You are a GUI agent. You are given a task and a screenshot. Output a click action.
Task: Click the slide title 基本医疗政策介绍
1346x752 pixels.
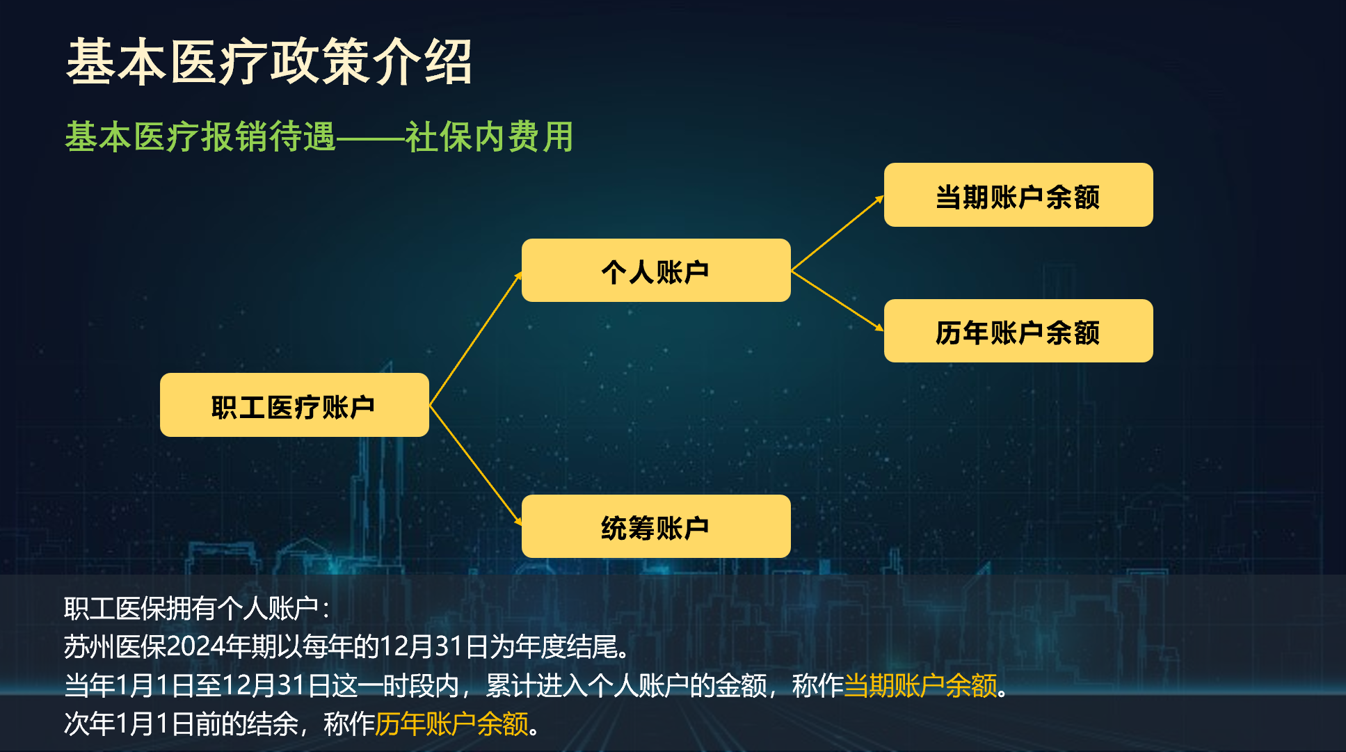pyautogui.click(x=269, y=62)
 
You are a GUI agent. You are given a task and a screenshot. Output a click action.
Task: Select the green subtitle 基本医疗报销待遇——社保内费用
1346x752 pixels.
pyautogui.click(x=319, y=136)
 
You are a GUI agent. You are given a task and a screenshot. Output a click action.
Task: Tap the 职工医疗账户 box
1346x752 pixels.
pyautogui.click(x=294, y=405)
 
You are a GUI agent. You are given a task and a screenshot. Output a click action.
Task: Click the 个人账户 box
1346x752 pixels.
pyautogui.click(x=656, y=270)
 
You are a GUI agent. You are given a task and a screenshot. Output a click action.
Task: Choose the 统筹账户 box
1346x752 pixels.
pyautogui.click(x=656, y=526)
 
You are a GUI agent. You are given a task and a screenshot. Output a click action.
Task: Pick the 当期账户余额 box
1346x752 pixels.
pyautogui.click(x=1018, y=195)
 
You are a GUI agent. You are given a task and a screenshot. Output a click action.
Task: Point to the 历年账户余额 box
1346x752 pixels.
pyautogui.click(x=1018, y=330)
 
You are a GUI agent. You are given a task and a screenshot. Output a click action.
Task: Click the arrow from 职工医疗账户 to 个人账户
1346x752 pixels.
pyautogui.click(x=476, y=338)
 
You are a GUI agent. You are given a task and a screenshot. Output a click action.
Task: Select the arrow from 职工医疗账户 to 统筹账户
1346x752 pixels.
pyautogui.click(x=476, y=465)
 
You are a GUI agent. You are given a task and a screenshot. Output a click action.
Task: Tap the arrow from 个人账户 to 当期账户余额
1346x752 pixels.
pyautogui.click(x=838, y=233)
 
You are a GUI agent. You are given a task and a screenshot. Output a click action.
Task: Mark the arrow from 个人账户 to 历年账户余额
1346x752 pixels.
pyautogui.click(x=838, y=301)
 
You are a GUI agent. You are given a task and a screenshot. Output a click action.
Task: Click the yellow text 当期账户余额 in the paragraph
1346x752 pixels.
pyautogui.click(x=920, y=686)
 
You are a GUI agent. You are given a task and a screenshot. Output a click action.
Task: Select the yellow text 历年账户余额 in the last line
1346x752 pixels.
pyautogui.click(x=452, y=724)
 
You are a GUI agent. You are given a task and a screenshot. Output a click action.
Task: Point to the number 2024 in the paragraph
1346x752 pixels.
pyautogui.click(x=195, y=647)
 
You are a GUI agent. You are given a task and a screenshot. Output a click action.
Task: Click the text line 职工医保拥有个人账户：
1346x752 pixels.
pyautogui.click(x=197, y=609)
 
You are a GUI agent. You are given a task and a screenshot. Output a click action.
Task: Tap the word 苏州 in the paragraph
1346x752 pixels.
pyautogui.click(x=90, y=647)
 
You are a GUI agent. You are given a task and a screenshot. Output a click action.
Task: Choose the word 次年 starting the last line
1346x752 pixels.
pyautogui.click(x=90, y=724)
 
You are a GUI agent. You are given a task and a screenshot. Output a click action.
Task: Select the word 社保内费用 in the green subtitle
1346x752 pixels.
pyautogui.click(x=490, y=136)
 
